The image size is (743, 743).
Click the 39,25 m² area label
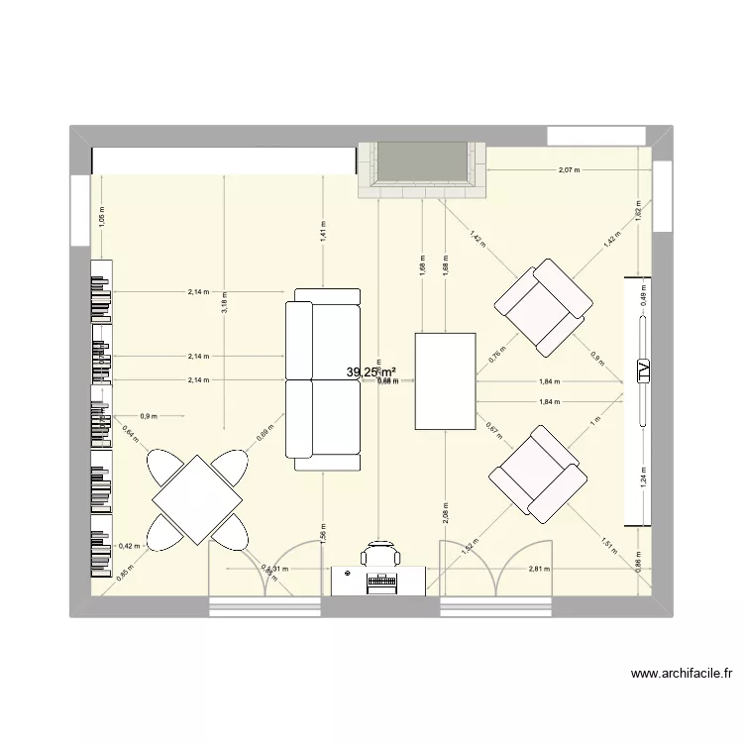[x=371, y=371]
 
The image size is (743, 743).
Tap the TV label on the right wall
[x=643, y=371]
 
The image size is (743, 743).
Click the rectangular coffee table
[x=445, y=381]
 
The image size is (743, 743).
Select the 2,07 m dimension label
[x=569, y=170]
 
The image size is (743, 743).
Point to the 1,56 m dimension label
[x=323, y=531]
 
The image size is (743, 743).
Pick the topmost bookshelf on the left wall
[x=102, y=291]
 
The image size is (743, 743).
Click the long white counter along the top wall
[x=224, y=160]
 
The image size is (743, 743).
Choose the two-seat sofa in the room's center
[x=323, y=379]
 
